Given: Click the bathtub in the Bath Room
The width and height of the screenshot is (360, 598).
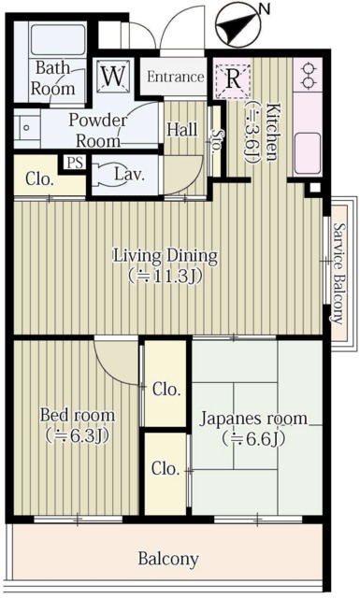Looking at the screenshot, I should pos(59,40).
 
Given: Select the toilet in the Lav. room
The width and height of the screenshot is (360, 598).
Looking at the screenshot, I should pos(112,174).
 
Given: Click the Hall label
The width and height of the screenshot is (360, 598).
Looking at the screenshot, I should pos(180,130).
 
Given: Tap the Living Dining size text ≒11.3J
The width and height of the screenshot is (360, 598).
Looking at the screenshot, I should pos(166,277).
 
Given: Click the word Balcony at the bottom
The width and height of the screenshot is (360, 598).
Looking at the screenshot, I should pos(168,560).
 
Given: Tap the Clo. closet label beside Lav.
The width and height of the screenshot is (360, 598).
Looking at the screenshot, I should pos(38,178).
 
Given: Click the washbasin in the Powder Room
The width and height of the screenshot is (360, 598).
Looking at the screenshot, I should pos(27,126).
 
